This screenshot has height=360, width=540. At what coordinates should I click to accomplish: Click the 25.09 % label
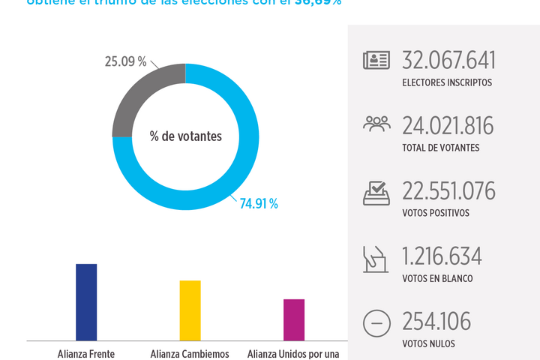(125, 61)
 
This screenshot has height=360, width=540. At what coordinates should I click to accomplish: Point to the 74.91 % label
(259, 204)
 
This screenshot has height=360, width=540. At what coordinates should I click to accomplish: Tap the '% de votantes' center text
(185, 136)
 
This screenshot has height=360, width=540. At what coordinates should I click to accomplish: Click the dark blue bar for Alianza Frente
(86, 301)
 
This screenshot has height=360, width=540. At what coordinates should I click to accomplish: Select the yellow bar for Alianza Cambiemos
(190, 310)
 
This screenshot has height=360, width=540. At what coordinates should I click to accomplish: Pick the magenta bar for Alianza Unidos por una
(294, 319)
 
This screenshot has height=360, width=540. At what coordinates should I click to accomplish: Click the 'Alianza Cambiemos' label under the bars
(190, 354)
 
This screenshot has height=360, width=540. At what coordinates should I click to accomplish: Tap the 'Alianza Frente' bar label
(86, 354)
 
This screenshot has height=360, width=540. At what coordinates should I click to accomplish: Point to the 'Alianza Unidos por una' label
(294, 354)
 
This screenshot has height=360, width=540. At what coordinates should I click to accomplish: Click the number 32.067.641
(449, 61)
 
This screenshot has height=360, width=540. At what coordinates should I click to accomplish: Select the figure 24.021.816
(448, 125)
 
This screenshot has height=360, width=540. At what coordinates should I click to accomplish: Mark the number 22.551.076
(449, 191)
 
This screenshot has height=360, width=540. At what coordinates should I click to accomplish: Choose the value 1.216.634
(442, 256)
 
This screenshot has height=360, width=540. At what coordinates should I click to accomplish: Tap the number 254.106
(436, 322)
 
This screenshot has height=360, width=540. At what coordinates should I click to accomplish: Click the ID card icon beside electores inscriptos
(376, 61)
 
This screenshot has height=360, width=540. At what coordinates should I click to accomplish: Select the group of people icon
(376, 124)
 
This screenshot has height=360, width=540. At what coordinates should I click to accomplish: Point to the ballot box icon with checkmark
(376, 193)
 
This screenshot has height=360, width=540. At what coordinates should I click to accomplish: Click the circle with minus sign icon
(376, 324)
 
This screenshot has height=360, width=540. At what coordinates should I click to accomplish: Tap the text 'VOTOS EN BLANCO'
(437, 279)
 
